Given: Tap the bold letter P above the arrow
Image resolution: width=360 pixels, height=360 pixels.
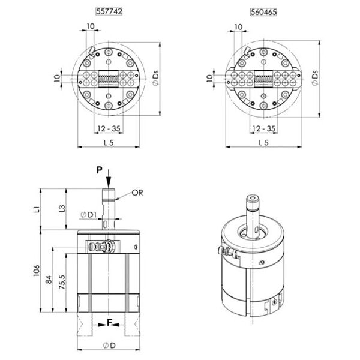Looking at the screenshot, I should point(100,170).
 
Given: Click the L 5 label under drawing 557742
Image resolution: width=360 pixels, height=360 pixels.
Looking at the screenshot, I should point(109,142).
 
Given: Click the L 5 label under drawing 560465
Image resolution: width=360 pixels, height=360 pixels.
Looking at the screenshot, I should point(262,142).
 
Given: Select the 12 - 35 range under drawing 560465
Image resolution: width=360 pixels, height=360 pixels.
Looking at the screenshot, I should point(263,128).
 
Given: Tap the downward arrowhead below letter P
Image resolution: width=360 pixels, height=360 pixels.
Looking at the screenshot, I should point(108,183).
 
